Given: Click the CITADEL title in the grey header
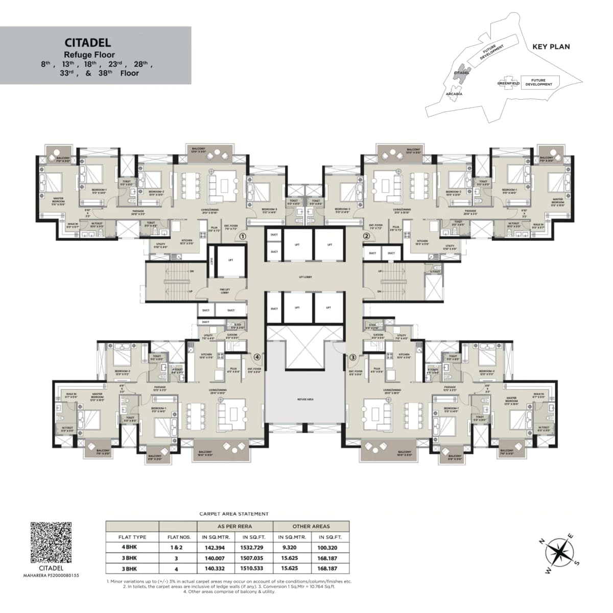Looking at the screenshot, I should [87, 43].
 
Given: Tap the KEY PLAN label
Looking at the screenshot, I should [551, 46].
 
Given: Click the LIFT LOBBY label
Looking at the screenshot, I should [305, 277].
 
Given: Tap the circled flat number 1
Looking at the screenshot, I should [243, 237].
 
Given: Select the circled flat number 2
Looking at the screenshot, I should [366, 237].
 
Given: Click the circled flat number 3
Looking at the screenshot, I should [352, 358].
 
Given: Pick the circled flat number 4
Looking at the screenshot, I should [257, 357].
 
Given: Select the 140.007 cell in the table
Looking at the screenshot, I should [216, 558].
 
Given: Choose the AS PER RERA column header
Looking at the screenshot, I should [234, 526].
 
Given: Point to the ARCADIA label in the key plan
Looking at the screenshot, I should [454, 94].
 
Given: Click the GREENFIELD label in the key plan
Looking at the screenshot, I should [508, 83].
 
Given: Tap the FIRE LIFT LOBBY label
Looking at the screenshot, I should [225, 291].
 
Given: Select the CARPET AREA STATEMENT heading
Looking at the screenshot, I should [233, 514].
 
